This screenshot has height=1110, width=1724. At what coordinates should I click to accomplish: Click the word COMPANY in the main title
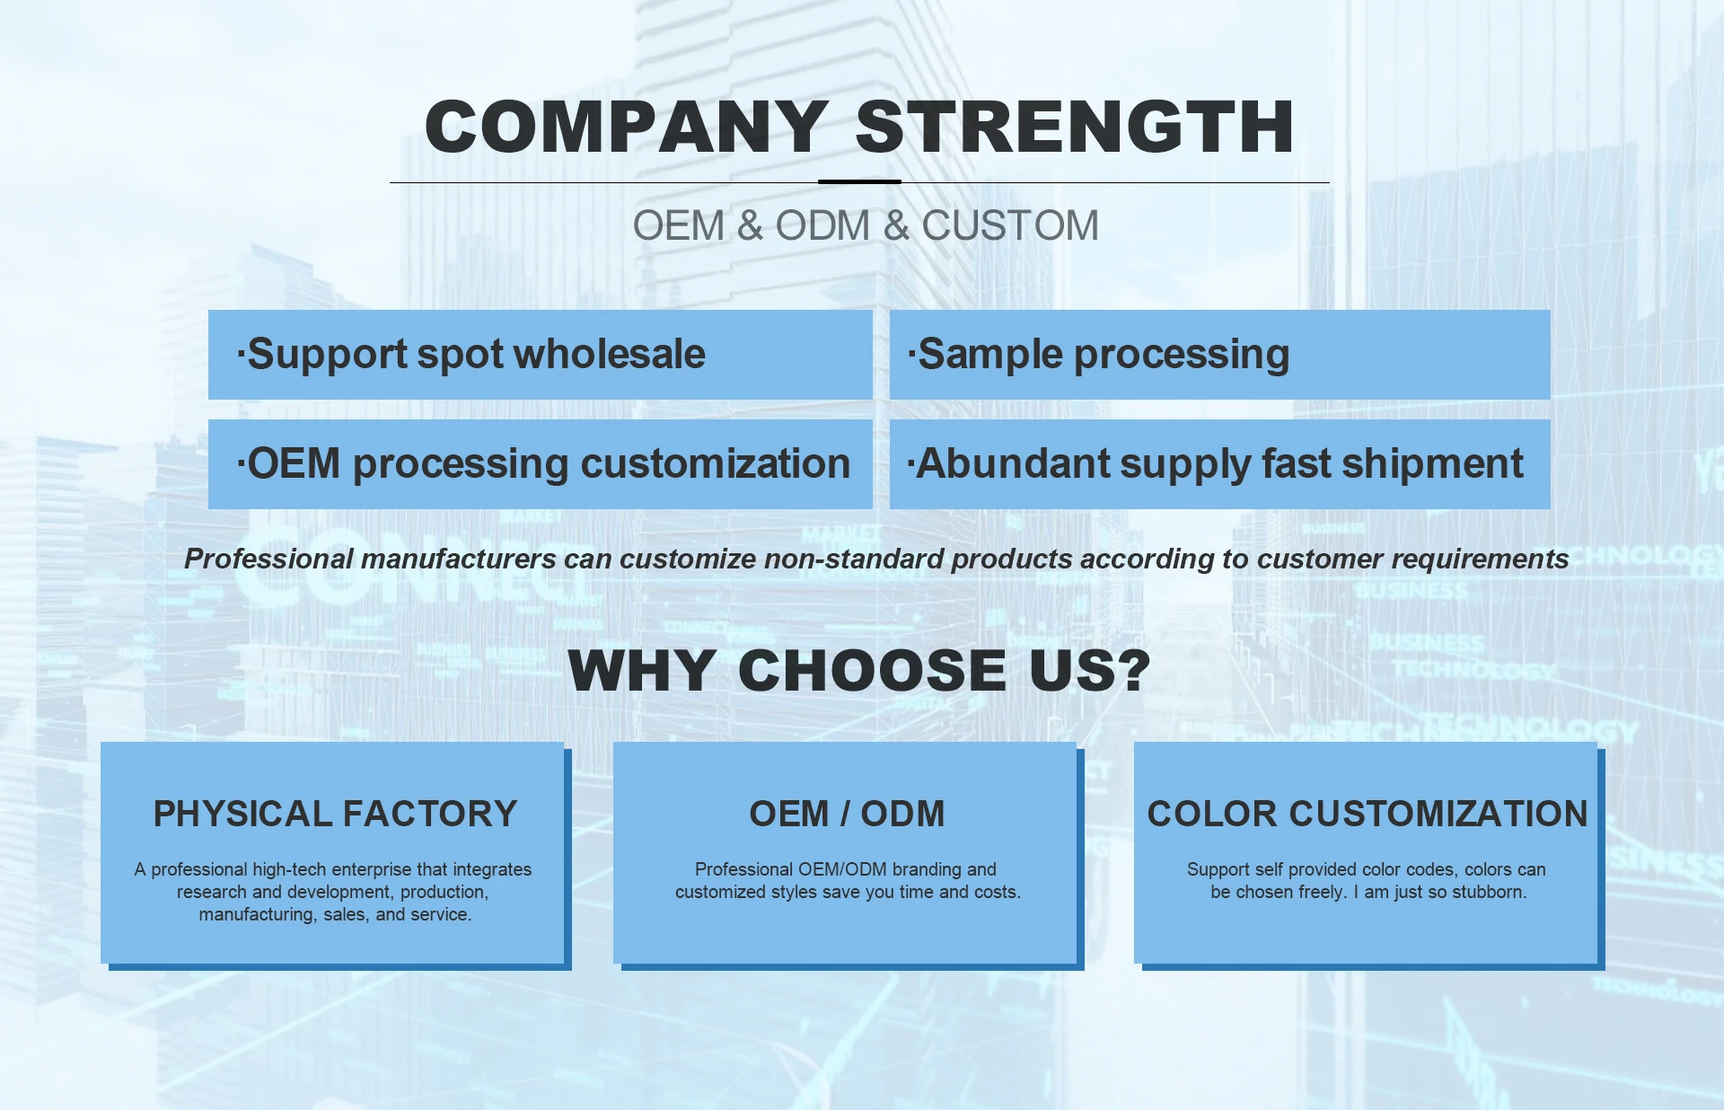(x=626, y=127)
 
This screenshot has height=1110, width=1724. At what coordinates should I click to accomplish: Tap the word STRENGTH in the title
(x=1075, y=127)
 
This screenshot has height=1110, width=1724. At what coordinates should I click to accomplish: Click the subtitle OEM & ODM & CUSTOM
(x=866, y=225)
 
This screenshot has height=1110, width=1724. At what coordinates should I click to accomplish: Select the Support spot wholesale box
(x=541, y=355)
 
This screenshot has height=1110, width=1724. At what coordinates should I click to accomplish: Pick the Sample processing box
(x=1219, y=355)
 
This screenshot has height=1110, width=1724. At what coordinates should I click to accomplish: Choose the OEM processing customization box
(x=541, y=464)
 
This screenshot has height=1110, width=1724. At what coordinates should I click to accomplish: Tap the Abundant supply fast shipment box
(x=1219, y=464)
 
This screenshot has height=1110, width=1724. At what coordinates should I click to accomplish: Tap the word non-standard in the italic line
(x=853, y=559)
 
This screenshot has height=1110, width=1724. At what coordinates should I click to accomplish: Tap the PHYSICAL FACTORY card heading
(x=336, y=814)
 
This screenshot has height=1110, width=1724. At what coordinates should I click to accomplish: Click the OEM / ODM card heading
(x=847, y=814)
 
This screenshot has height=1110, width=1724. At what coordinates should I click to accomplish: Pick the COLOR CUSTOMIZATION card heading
(x=1368, y=814)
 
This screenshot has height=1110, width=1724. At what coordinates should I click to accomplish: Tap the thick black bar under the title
(x=859, y=181)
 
